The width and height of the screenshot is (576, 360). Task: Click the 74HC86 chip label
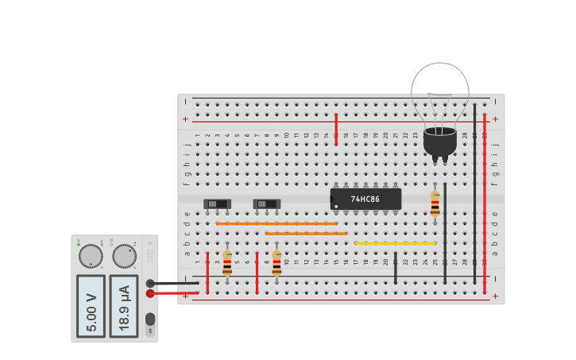tap(365, 199)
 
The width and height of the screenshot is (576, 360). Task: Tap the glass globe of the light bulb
tap(439, 91)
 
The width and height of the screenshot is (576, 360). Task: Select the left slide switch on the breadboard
tap(217, 204)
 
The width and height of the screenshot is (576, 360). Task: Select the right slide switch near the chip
tap(267, 204)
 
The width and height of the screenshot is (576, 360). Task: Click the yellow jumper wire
tap(395, 243)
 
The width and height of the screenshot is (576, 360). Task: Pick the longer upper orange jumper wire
tap(276, 223)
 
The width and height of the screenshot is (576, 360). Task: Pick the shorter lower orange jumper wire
tap(306, 234)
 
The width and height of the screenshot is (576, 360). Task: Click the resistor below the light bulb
tap(435, 203)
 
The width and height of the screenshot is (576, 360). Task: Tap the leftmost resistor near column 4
tap(227, 263)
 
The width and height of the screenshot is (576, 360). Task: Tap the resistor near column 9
tap(276, 263)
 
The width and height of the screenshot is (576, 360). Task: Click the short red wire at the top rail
tap(336, 129)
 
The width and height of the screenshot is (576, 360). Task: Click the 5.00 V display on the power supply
tap(91, 306)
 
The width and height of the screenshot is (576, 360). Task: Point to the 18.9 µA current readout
tap(123, 306)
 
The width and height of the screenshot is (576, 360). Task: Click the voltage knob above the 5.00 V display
tap(91, 256)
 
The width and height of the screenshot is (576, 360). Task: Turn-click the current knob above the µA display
tap(124, 256)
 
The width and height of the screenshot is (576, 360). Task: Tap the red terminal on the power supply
tap(150, 293)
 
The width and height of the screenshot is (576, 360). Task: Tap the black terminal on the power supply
tap(150, 283)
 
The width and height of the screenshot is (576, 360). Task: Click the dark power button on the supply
tap(150, 319)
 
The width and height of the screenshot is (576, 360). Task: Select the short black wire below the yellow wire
tap(395, 269)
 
